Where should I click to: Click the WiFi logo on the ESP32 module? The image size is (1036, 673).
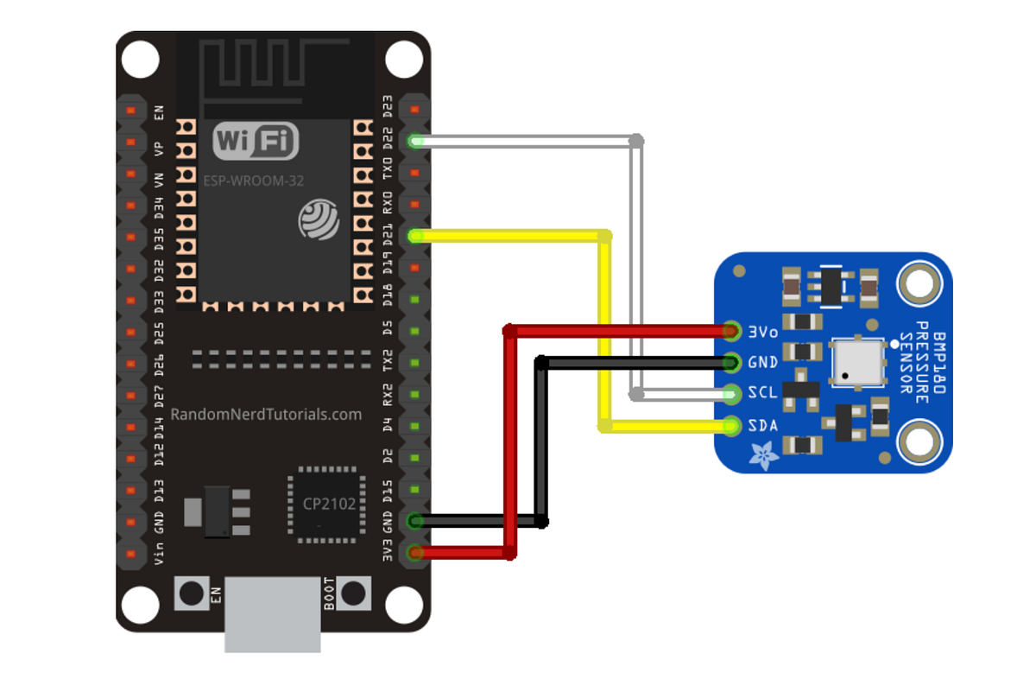255,141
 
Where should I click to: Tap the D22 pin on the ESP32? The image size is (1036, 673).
415,141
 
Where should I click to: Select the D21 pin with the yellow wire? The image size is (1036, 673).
415,235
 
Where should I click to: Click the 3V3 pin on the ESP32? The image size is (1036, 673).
415,552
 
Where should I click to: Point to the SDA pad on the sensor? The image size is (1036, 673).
732,426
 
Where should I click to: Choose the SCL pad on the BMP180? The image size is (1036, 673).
732,394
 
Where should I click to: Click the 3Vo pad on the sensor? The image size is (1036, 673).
732,330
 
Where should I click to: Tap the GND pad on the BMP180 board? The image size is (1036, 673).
732,362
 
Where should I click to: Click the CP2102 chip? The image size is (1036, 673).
329,505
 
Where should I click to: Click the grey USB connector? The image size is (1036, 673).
273,615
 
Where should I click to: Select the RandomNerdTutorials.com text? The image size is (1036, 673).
266,415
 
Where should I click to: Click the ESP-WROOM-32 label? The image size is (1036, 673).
253,181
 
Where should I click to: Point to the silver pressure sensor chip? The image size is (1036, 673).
856,362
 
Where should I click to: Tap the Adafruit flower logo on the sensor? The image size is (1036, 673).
763,455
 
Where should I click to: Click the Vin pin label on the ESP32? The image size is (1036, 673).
159,552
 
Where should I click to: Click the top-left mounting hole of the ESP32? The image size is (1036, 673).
140,60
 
